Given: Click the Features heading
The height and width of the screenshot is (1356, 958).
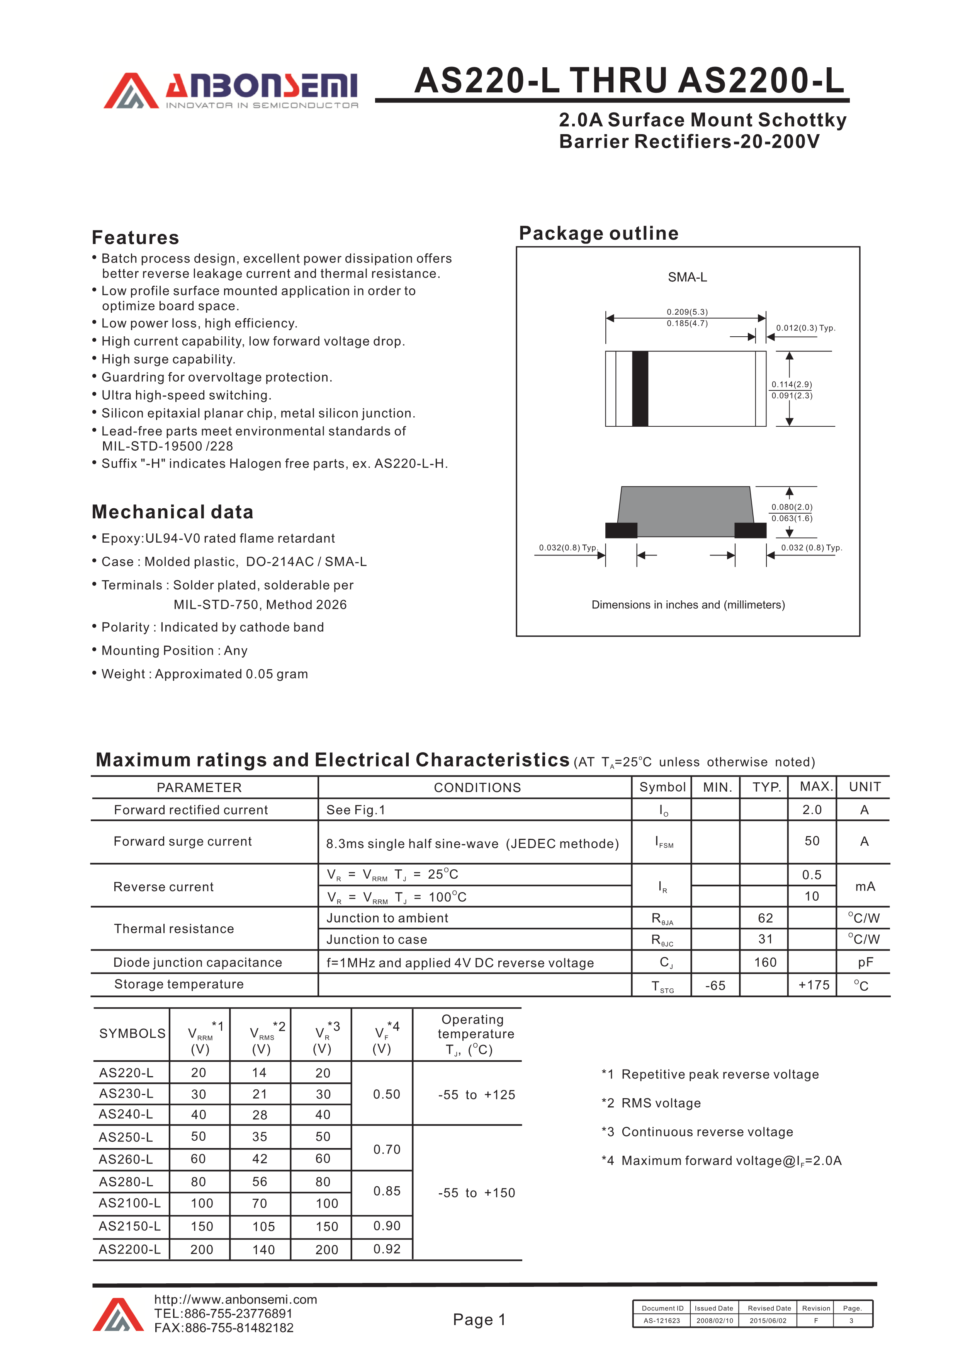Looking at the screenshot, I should pyautogui.click(x=135, y=237).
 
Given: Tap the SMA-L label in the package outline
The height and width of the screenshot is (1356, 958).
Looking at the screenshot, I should pyautogui.click(x=687, y=277).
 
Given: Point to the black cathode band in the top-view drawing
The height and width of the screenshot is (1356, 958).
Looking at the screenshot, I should pyautogui.click(x=640, y=388).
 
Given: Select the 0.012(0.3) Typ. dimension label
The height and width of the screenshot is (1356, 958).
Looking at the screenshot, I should pyautogui.click(x=805, y=328).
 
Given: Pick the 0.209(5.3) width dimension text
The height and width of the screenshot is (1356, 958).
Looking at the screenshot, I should pyautogui.click(x=687, y=312).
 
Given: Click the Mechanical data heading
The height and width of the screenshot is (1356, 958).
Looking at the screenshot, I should pyautogui.click(x=172, y=511).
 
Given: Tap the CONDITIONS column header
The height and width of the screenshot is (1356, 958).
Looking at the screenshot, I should pyautogui.click(x=477, y=787).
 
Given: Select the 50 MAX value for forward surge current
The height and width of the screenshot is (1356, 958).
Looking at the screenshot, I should pyautogui.click(x=812, y=841).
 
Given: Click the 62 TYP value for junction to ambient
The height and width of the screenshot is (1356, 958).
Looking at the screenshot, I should pyautogui.click(x=765, y=918).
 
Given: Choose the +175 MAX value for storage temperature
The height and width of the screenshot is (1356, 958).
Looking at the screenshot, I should pyautogui.click(x=814, y=985).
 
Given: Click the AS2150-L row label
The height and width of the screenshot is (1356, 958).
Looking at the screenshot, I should pyautogui.click(x=130, y=1226).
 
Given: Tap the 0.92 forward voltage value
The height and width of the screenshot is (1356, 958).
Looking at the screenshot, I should pyautogui.click(x=387, y=1249).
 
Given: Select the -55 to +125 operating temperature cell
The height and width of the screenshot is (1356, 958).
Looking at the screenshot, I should pyautogui.click(x=476, y=1094).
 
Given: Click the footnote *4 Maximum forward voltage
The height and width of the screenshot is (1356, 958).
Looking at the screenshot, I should pyautogui.click(x=721, y=1160).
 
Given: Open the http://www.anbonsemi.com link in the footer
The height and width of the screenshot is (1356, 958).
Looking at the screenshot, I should pyautogui.click(x=236, y=1299).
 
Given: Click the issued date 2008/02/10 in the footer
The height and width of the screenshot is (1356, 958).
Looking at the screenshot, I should pyautogui.click(x=714, y=1320).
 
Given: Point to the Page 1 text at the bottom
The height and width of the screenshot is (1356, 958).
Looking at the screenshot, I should pyautogui.click(x=479, y=1319).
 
